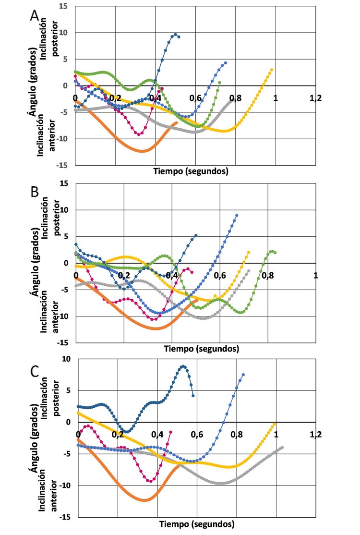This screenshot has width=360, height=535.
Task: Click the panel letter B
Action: click(x=35, y=193)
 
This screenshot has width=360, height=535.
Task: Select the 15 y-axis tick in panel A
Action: click(x=63, y=6)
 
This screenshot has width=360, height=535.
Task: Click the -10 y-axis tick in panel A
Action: click(x=61, y=139)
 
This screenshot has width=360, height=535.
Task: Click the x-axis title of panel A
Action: click(x=191, y=171)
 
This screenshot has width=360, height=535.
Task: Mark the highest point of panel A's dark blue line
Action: click(x=176, y=35)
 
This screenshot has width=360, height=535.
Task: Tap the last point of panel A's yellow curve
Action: click(x=272, y=70)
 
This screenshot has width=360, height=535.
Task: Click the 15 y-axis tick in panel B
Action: click(x=63, y=183)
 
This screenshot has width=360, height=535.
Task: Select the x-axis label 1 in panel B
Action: click(x=316, y=275)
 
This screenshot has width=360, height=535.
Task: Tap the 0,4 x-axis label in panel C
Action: click(x=157, y=434)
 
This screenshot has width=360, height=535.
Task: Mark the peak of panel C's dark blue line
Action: click(x=183, y=366)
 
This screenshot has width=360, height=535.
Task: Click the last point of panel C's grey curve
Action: click(x=282, y=448)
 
